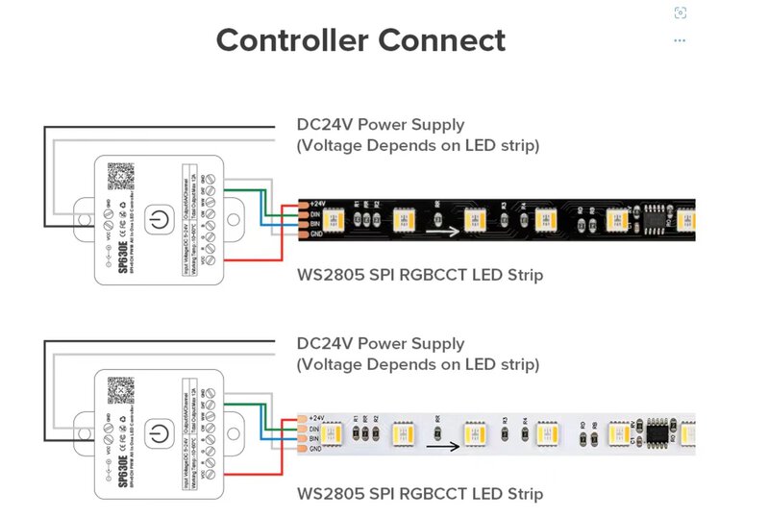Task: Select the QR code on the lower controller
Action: point(121,394)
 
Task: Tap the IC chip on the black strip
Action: point(657,215)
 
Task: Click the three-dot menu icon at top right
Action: point(680,40)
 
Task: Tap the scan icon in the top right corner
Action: point(680,12)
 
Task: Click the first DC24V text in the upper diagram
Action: point(323,125)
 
